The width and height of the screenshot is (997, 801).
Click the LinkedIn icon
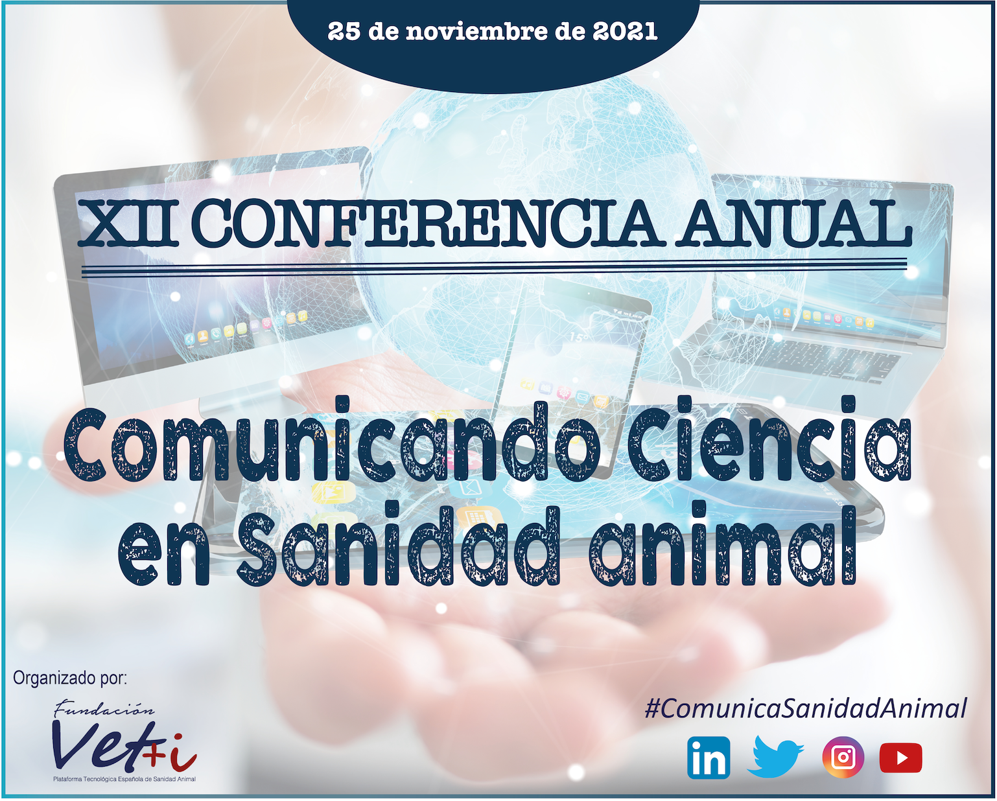coord(709,758)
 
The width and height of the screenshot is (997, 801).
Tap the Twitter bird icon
coord(775,757)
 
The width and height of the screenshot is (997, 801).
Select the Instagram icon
coord(843,758)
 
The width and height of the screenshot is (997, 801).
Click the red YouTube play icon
coord(900,758)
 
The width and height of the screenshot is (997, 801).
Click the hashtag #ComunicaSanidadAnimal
coord(806,709)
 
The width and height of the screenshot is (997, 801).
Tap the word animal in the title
coord(723,546)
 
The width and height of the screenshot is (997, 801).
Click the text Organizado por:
coord(70,679)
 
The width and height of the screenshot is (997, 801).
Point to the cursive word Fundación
coord(104,708)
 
